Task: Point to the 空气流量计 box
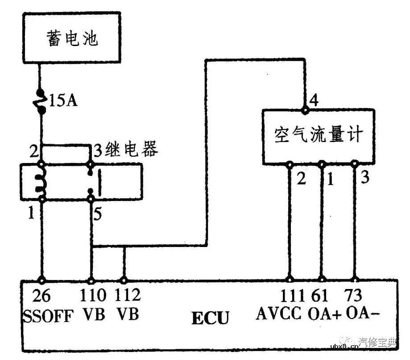click(x=317, y=135)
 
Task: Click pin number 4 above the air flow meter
click(x=314, y=100)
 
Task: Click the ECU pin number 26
click(x=42, y=296)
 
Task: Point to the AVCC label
click(x=279, y=314)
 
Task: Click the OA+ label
click(x=324, y=314)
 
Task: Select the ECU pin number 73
click(x=355, y=296)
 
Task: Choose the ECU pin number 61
click(x=323, y=296)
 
